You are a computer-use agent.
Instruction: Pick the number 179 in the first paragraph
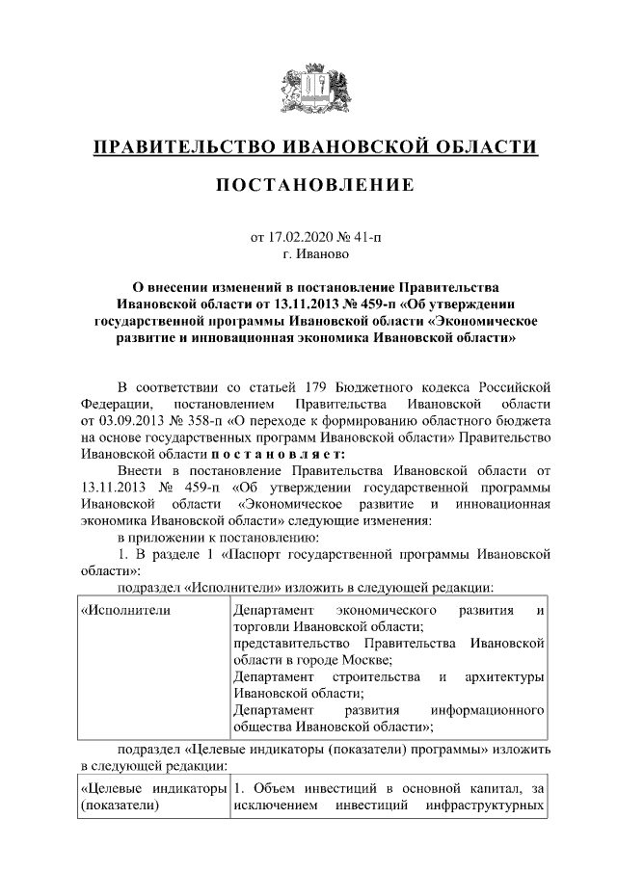pos(319,387)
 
